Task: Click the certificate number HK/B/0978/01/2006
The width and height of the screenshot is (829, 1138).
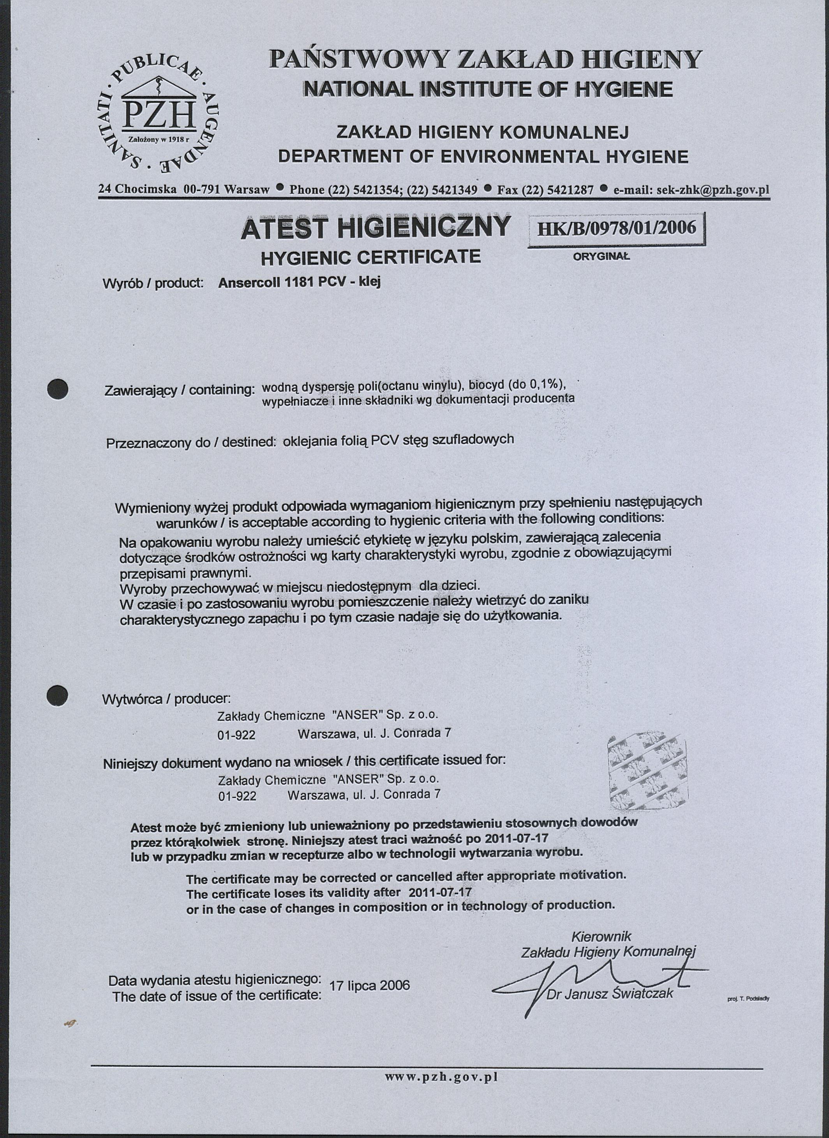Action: tap(617, 228)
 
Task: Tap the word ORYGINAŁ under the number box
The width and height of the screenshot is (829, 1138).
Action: tap(601, 256)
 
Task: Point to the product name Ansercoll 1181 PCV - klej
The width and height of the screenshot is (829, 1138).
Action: tap(300, 282)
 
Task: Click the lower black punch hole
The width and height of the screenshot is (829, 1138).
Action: tap(57, 695)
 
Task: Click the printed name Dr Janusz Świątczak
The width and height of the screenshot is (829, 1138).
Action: tap(610, 993)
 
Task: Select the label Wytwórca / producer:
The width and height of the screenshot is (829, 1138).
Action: tap(166, 699)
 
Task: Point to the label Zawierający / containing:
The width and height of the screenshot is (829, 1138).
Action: tap(180, 390)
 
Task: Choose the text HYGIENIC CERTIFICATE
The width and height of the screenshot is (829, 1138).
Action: tap(371, 257)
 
